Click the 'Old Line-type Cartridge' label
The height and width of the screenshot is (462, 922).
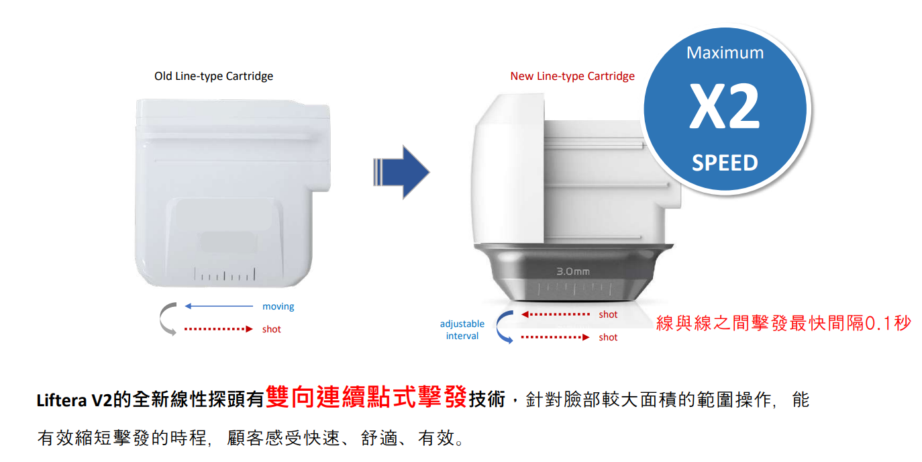[x=213, y=76]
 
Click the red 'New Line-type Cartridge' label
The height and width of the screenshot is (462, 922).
[x=572, y=76]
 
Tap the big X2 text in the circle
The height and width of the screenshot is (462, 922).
[x=725, y=106]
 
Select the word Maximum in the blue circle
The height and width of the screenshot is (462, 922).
[x=725, y=52]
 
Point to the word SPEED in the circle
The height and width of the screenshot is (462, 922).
[x=725, y=163]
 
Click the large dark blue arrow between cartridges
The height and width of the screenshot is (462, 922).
[x=401, y=172]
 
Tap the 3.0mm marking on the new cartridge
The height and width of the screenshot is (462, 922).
[x=573, y=271]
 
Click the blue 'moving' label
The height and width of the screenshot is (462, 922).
[x=278, y=306]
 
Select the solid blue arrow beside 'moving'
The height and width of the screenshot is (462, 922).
[x=219, y=306]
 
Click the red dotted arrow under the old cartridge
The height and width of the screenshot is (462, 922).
[x=219, y=329]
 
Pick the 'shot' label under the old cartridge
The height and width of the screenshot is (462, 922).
[x=271, y=330]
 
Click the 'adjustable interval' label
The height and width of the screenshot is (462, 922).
[x=462, y=330]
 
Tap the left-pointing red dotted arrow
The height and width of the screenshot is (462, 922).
[x=555, y=314]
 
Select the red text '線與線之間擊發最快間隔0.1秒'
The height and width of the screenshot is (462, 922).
[x=783, y=323]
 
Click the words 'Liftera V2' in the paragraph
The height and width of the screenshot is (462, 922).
[x=74, y=400]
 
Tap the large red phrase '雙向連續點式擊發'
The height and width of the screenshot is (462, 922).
[x=366, y=397]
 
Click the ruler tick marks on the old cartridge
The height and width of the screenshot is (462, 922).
[x=225, y=274]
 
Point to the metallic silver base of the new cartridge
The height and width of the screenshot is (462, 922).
[x=573, y=272]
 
